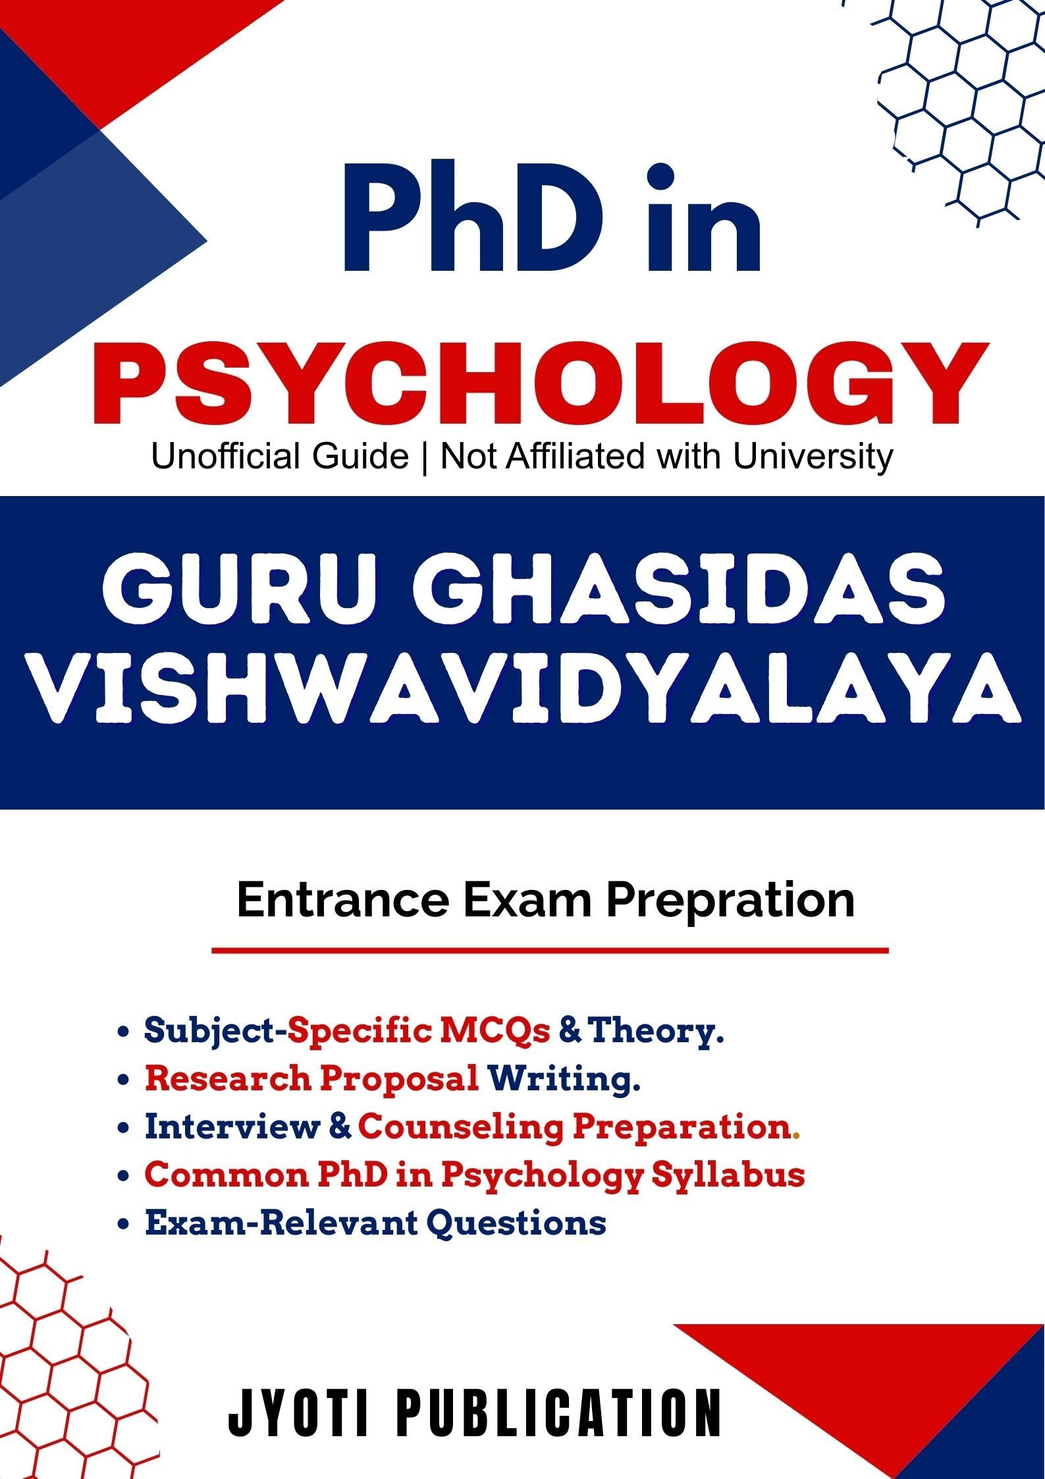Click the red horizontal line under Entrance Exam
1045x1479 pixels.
click(x=550, y=950)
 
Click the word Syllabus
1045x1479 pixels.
click(x=728, y=1176)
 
